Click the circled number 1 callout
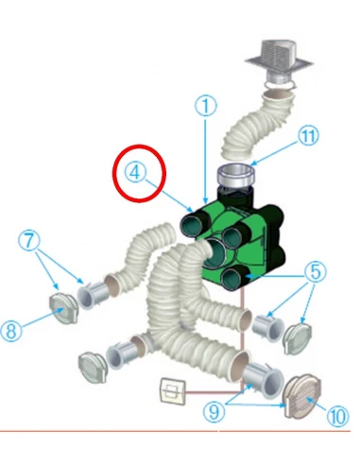click(205, 106)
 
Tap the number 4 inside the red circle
click(136, 173)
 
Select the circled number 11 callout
click(308, 136)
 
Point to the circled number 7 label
click(29, 240)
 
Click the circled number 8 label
click(11, 331)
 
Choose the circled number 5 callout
click(316, 271)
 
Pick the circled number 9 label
click(214, 411)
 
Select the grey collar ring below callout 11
click(236, 176)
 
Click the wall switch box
click(173, 391)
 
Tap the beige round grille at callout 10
click(302, 397)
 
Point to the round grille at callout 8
click(64, 308)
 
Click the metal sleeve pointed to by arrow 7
click(93, 295)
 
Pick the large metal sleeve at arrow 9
click(263, 379)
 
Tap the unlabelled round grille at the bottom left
click(93, 368)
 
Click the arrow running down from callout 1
click(206, 160)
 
